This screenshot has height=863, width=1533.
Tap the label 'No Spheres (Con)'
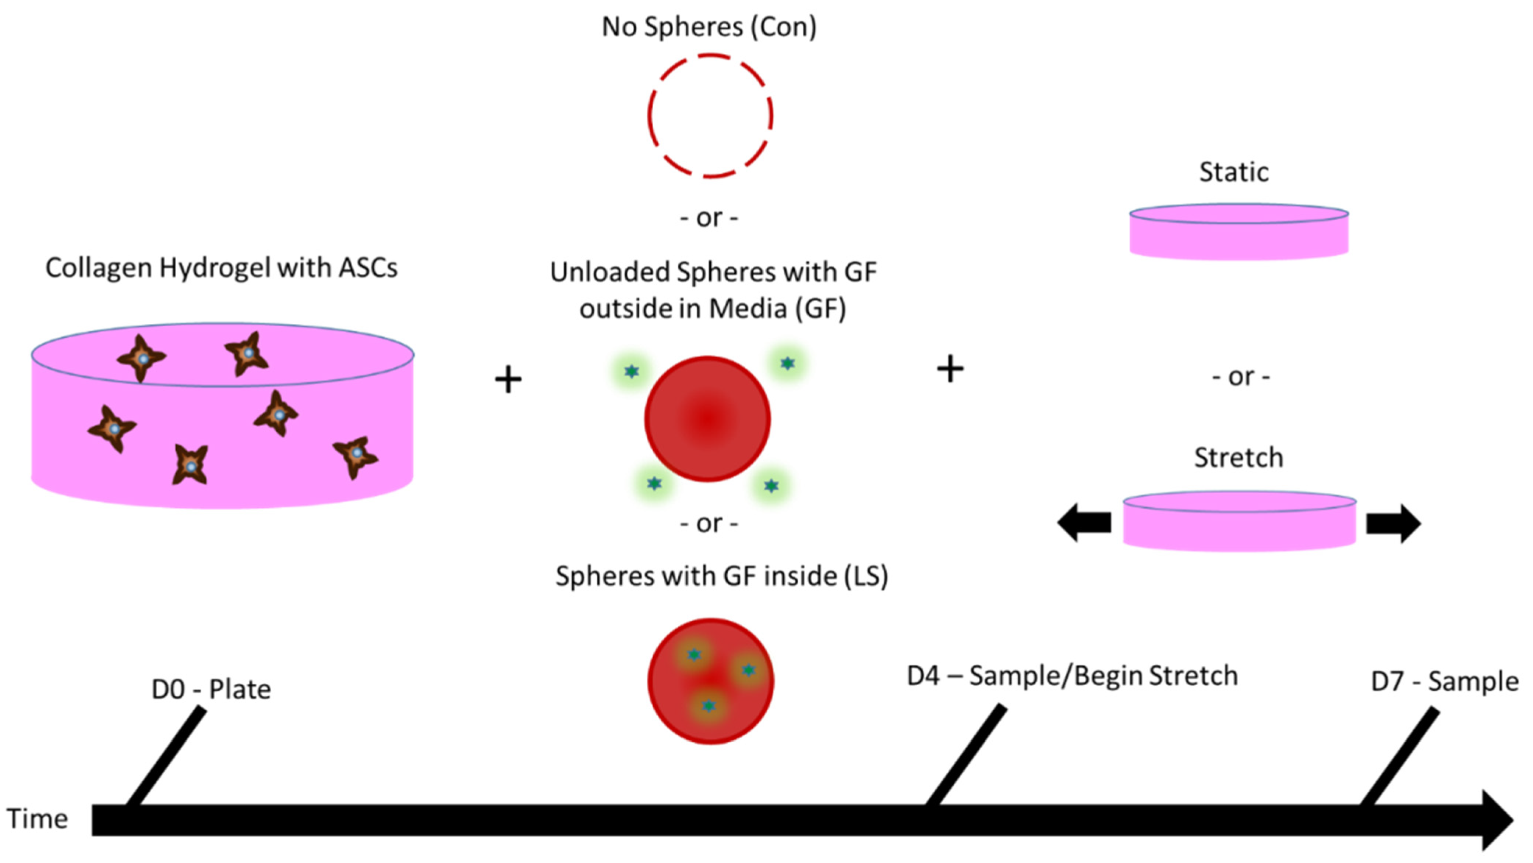tap(709, 27)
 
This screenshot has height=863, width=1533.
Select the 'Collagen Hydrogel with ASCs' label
tap(221, 268)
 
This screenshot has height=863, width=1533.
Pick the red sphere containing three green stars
tap(711, 681)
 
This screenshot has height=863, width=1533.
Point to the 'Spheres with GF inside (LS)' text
tap(721, 576)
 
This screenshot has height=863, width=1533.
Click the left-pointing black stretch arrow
tap(1084, 523)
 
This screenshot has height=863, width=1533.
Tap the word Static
tap(1234, 172)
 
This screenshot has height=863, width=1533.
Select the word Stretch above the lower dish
tap(1239, 457)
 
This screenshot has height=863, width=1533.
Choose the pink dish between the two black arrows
tap(1239, 522)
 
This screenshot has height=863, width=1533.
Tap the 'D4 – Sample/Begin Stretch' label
tap(1072, 676)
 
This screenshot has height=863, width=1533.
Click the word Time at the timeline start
tap(37, 819)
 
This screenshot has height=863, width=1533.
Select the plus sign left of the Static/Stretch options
tap(950, 369)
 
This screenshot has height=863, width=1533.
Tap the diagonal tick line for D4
tap(966, 755)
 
